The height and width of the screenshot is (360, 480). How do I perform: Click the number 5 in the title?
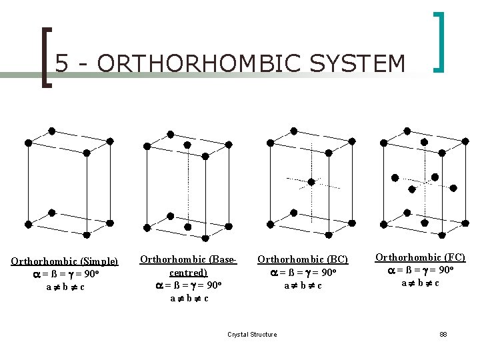coord(61,63)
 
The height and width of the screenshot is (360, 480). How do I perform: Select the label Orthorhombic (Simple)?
coord(65,261)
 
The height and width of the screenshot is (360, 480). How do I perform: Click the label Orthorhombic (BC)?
coord(303,259)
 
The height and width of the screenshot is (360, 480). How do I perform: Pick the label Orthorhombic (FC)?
coord(420,257)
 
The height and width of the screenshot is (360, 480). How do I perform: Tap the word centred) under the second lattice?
coord(189,273)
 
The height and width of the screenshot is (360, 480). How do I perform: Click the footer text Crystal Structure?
coord(252,334)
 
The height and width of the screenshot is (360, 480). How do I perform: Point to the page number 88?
coord(443,334)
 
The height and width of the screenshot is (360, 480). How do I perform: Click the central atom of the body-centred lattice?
coord(311,181)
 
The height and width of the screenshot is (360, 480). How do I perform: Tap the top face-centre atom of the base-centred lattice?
coord(188,145)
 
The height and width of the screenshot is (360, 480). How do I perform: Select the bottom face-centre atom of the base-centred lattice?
coord(170,216)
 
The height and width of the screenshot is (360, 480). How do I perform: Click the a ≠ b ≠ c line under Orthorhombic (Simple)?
coord(65,287)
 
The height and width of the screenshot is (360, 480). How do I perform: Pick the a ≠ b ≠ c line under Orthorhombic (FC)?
coord(420,283)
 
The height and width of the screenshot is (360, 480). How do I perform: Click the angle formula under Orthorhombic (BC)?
coord(303,273)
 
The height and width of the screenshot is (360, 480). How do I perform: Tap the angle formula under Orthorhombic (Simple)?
coord(65,274)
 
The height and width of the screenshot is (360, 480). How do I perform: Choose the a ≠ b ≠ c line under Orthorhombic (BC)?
coord(303,285)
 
